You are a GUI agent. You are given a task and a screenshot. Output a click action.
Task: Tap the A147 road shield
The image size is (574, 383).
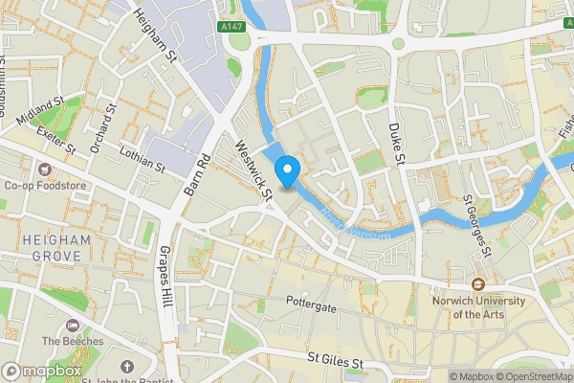231,27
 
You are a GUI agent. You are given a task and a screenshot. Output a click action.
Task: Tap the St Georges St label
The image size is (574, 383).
476,225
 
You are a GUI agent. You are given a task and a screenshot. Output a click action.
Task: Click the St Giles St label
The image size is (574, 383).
336,362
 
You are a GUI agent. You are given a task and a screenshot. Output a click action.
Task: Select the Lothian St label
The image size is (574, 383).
143,159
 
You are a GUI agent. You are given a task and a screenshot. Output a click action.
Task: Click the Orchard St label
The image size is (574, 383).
102,130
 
